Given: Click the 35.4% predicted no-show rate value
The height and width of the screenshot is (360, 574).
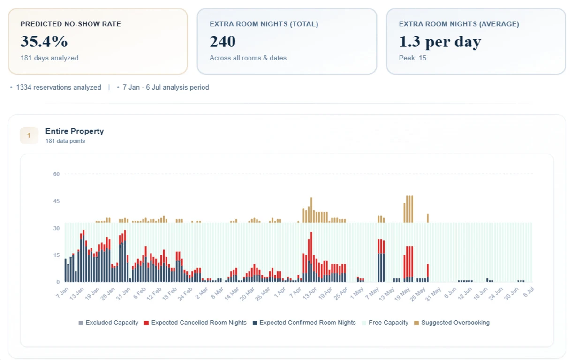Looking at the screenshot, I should coord(44,42).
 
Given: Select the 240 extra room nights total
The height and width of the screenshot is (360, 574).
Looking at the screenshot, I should coord(223,42).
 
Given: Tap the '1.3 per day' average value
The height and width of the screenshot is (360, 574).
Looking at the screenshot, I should coord(440,42).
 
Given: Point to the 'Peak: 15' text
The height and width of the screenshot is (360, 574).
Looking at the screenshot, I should coord(413,58).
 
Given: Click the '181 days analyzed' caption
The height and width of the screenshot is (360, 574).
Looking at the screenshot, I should coord(49,58).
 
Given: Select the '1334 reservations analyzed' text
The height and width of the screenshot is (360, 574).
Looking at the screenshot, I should coord(59,87).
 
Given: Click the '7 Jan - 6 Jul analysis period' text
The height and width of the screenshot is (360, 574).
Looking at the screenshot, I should coord(166,87).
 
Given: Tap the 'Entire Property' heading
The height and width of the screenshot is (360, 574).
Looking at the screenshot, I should coord(75,131).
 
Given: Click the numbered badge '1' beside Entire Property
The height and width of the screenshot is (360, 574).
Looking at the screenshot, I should coord(29,135).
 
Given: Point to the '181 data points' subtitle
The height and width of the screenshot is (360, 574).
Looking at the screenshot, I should coord(65,141).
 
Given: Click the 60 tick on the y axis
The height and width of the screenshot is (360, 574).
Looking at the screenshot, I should coord(56,174).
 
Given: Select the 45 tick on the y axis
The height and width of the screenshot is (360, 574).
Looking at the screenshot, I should coord(56,201).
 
